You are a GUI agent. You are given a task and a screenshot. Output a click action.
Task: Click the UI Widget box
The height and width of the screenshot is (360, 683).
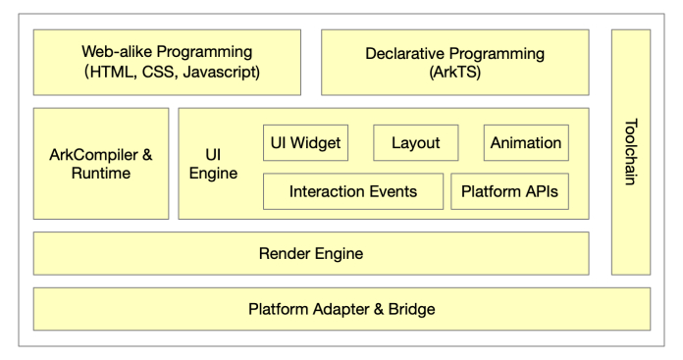tap(305, 143)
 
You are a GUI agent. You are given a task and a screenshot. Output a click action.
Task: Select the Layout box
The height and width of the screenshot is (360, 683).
tap(415, 143)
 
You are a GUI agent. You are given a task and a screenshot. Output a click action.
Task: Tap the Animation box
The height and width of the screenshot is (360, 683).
tap(526, 143)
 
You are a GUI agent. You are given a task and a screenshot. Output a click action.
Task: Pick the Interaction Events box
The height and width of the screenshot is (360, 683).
tap(352, 191)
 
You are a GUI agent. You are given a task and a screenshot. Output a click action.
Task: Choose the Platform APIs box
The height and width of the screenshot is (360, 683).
tap(510, 191)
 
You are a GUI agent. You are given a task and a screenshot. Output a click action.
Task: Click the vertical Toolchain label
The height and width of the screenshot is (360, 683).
tap(630, 152)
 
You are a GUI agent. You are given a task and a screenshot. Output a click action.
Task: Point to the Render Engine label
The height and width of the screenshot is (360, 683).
tap(310, 254)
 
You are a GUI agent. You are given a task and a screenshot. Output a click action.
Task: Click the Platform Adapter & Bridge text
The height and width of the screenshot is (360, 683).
tap(341, 309)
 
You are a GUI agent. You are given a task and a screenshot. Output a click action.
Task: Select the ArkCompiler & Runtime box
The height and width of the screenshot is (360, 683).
tap(101, 164)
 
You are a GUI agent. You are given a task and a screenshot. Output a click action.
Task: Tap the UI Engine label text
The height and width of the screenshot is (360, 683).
tap(220, 164)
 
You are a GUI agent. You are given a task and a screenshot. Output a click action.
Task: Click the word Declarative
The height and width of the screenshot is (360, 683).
tap(406, 51)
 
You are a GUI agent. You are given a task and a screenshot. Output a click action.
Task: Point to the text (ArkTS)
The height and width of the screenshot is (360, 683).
tap(454, 72)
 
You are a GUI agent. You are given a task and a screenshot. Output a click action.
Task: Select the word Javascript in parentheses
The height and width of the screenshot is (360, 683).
tap(225, 72)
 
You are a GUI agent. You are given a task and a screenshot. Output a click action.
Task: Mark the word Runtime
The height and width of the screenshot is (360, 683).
tap(101, 174)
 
